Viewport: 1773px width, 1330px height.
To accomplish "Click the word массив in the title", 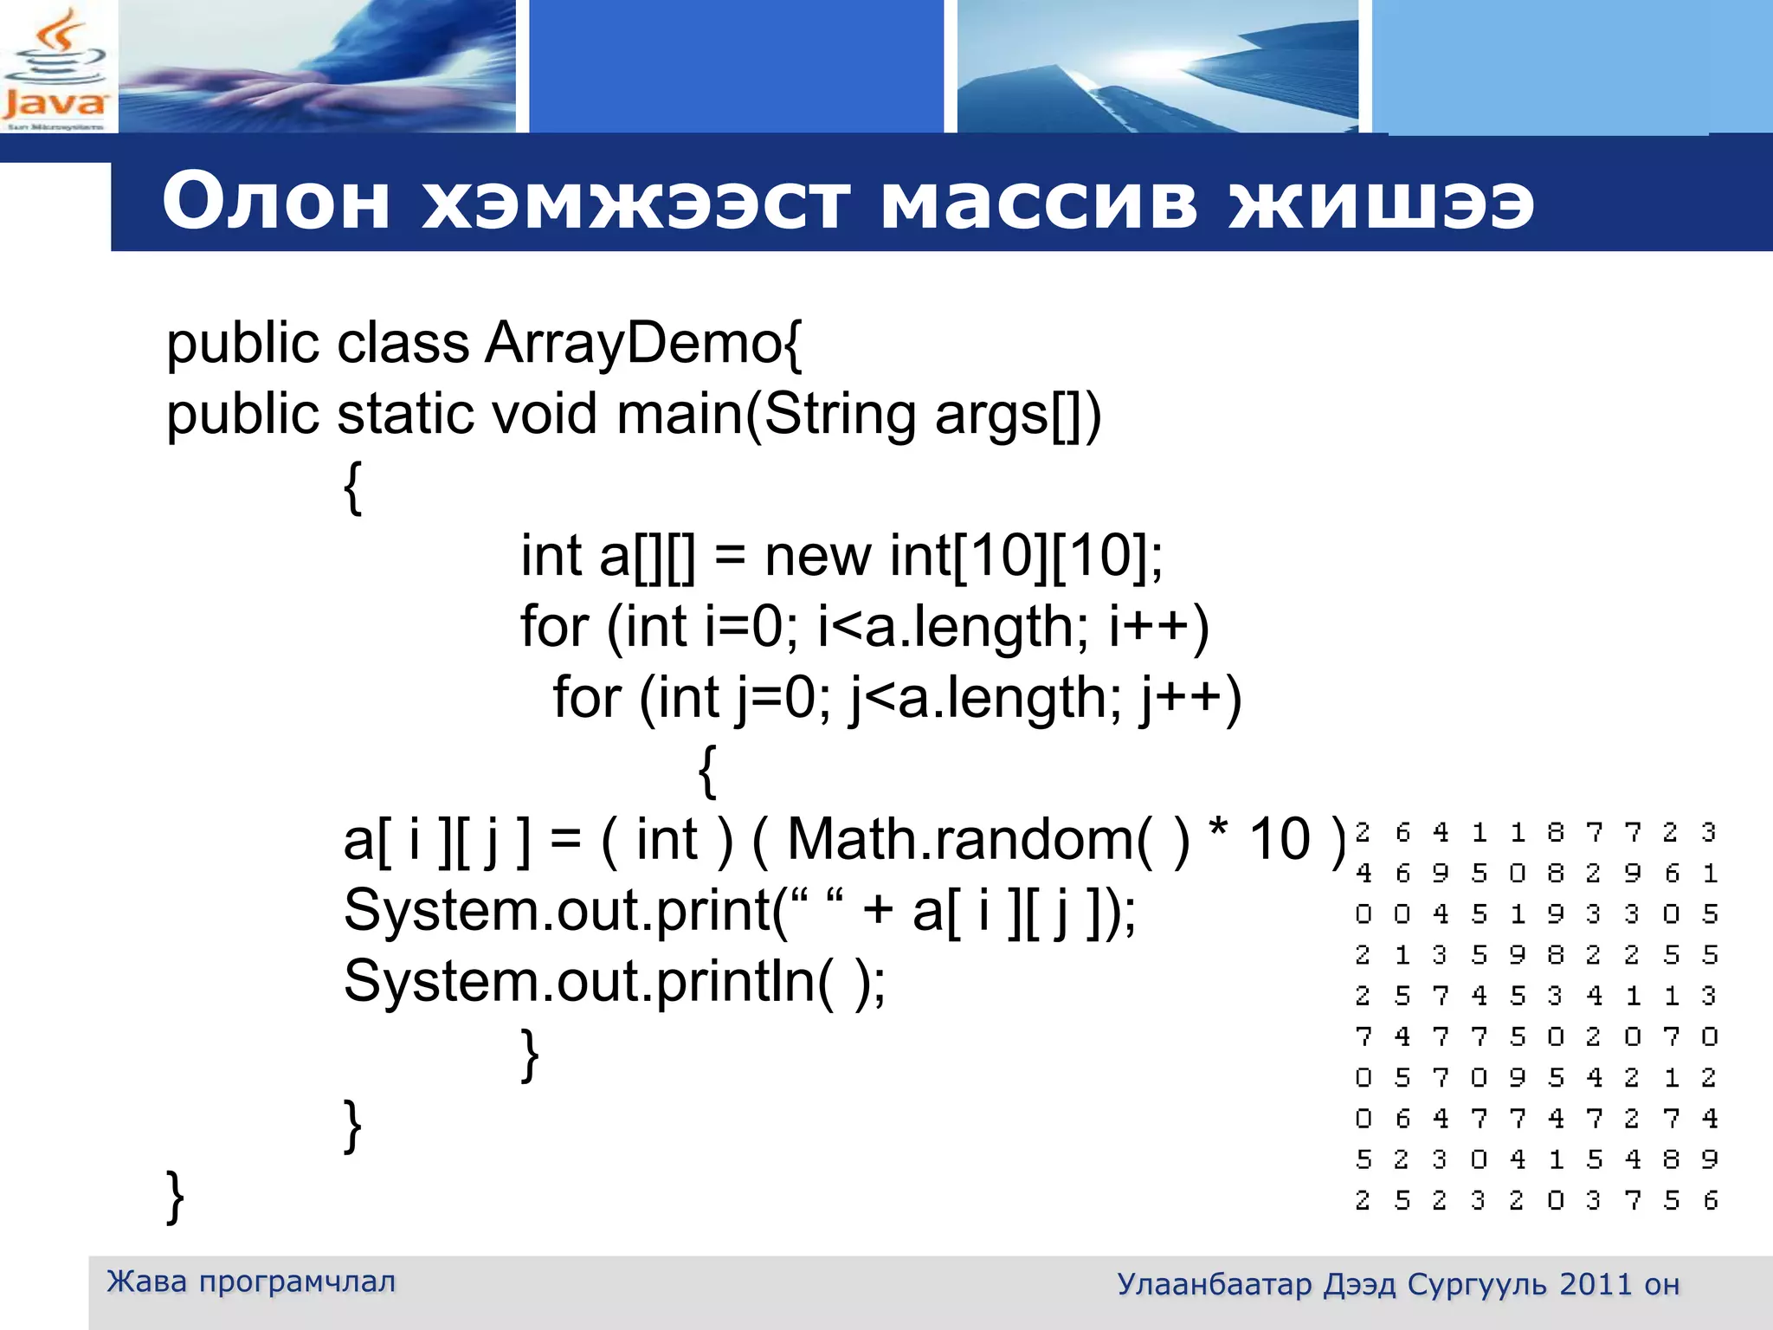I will [x=1039, y=203].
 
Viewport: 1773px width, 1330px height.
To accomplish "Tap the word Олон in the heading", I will [x=275, y=203].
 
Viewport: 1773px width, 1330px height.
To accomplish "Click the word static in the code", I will [x=405, y=414].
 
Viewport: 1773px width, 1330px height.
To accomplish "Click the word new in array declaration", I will [x=817, y=556].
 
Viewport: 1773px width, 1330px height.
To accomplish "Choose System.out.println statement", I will [x=615, y=982].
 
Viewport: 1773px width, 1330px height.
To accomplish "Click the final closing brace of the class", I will [x=175, y=1197].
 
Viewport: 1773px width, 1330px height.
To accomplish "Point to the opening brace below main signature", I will [x=352, y=487].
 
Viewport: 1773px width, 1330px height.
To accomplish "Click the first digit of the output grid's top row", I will [x=1363, y=833].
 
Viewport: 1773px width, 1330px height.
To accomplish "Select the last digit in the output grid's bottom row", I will [x=1710, y=1200].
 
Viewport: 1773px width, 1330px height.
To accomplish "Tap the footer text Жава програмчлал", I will [x=251, y=1282].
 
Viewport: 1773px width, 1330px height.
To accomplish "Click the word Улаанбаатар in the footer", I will [x=1214, y=1284].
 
